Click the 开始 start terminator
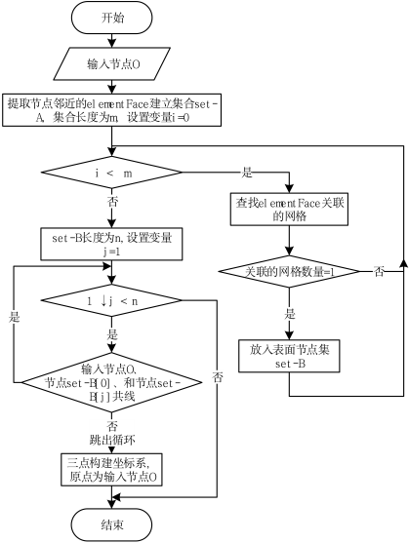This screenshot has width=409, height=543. pos(112,18)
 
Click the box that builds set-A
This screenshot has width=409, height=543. pos(112,111)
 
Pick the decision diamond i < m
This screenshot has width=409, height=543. pos(112,173)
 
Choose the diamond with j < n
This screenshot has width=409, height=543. pos(112,301)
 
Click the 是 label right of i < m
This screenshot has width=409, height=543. pos(247,172)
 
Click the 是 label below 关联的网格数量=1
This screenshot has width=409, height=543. pos(289,314)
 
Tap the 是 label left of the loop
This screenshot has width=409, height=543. pos(15,318)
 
